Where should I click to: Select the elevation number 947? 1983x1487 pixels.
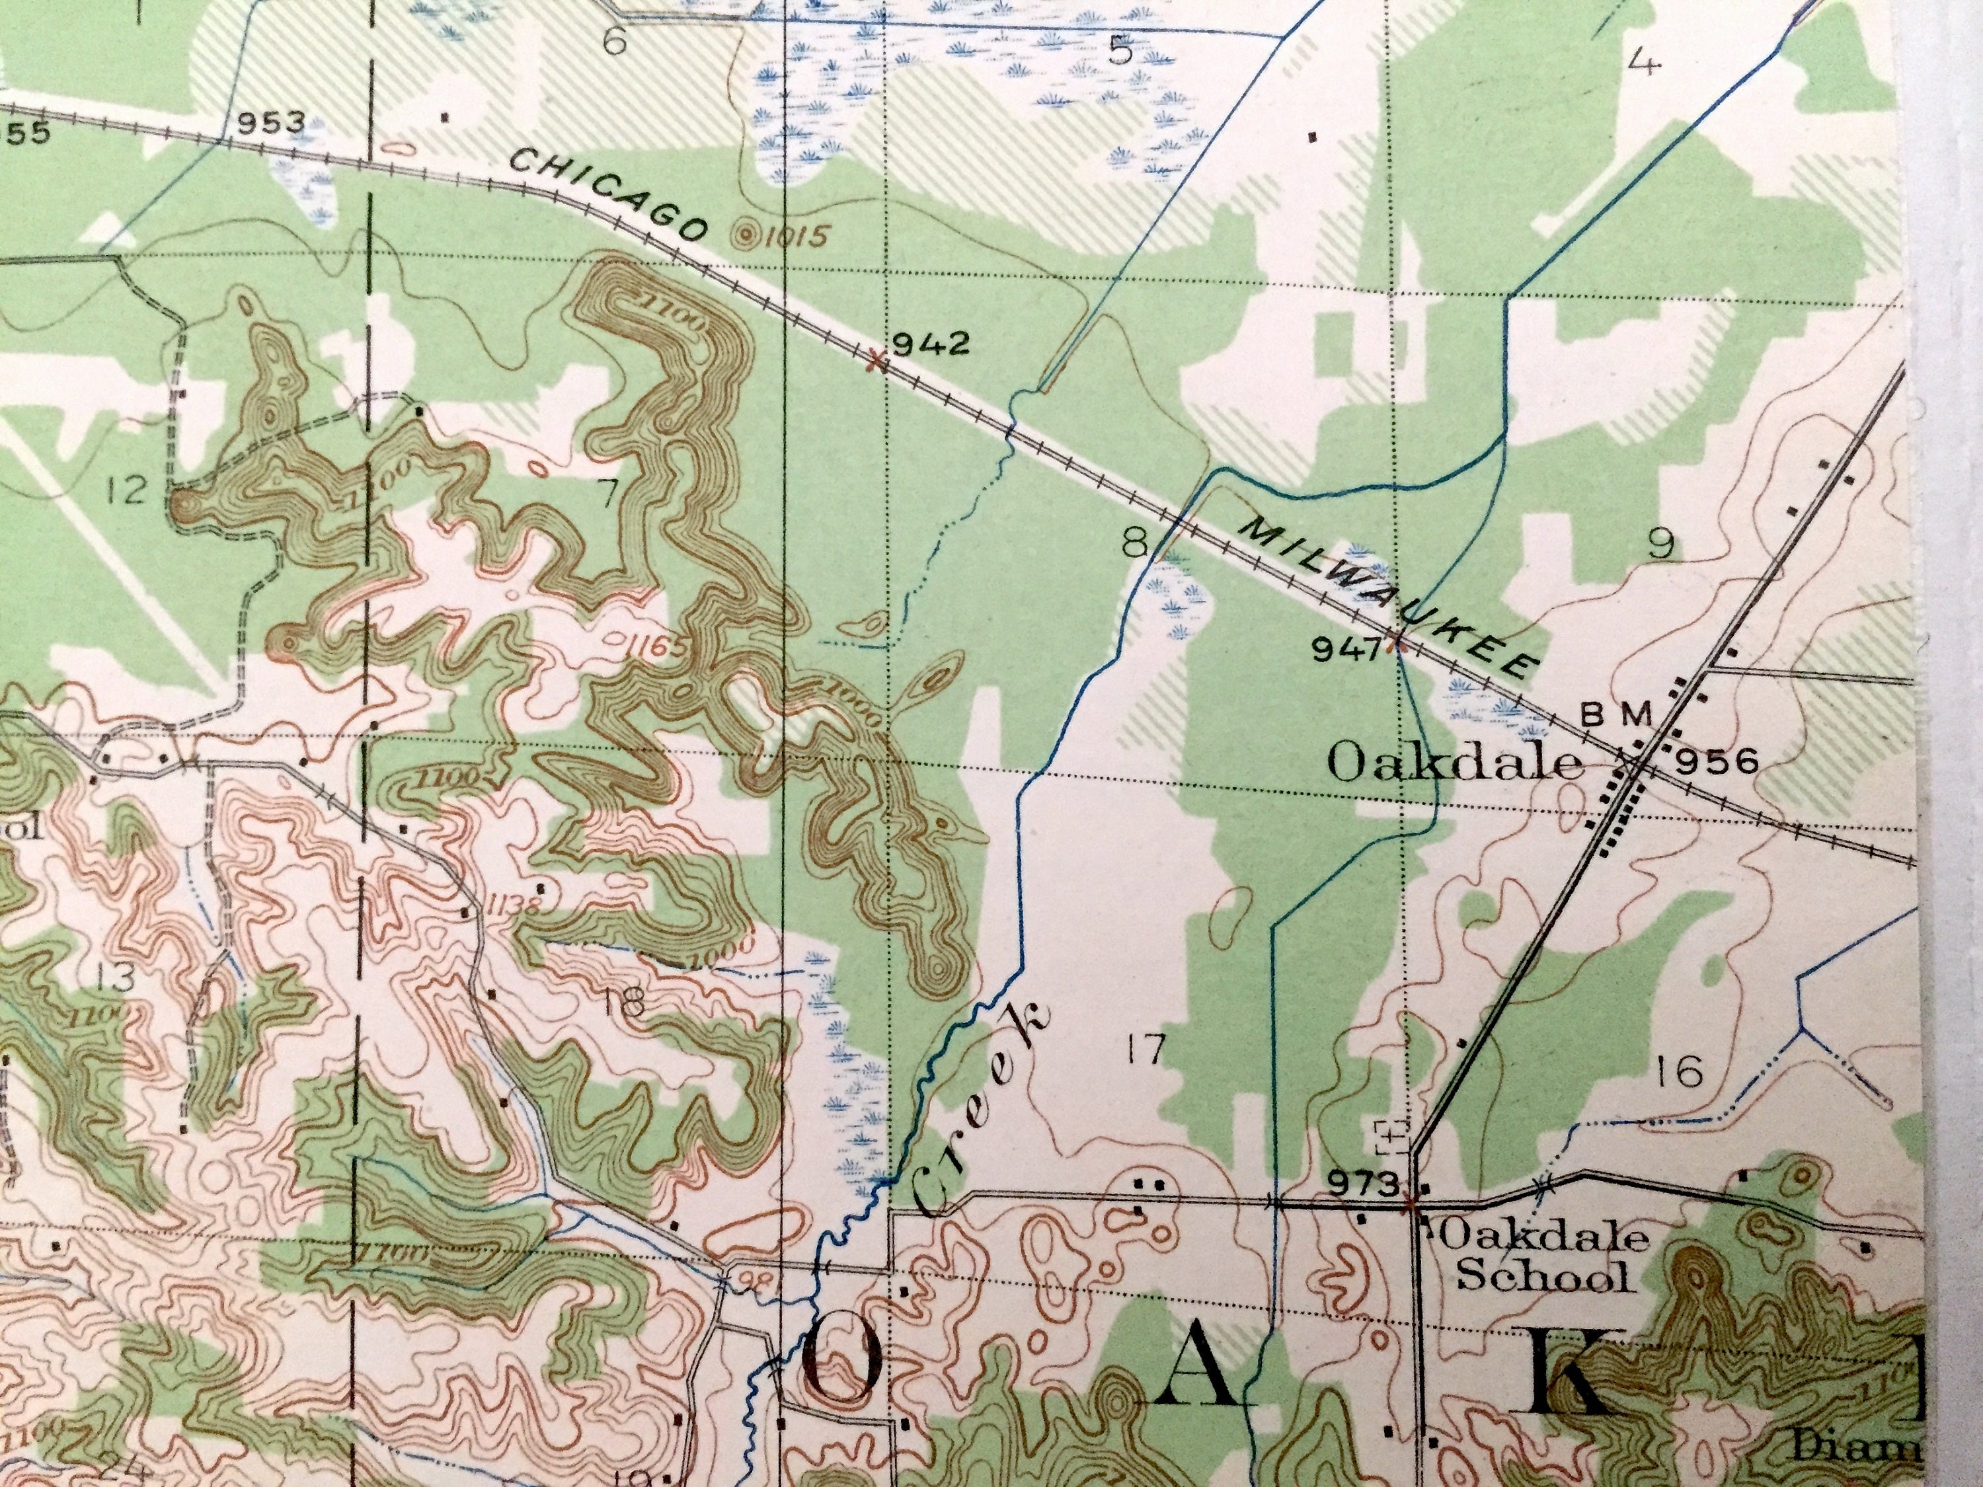tap(1346, 649)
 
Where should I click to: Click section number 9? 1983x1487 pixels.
tap(1660, 544)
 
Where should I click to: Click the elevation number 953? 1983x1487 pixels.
tap(271, 122)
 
